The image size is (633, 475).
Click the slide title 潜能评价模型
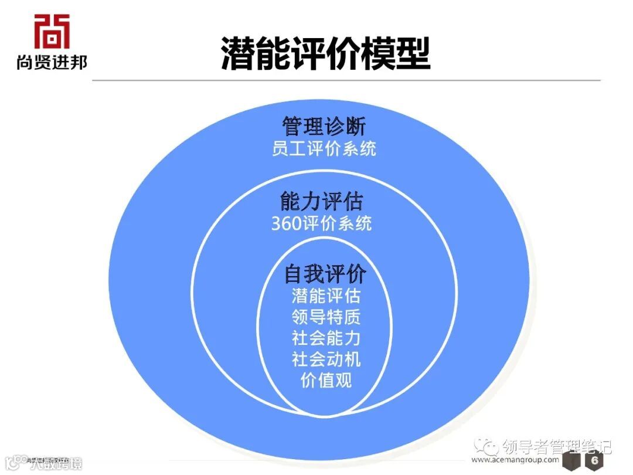tap(325, 54)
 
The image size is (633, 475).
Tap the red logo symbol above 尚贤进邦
tap(52, 31)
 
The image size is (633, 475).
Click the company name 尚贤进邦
tap(52, 61)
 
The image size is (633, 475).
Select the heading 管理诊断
tap(324, 126)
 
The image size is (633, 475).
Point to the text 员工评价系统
tap(324, 148)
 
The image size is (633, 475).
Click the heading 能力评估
tap(321, 201)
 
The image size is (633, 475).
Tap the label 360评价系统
tap(321, 223)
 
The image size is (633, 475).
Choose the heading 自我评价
tap(325, 273)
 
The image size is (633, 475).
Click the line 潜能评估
tap(326, 295)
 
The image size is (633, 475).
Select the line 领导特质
tap(326, 317)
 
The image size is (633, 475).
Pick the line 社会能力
tap(326, 338)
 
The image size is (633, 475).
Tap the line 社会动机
tap(326, 359)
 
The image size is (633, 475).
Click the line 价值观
tap(326, 380)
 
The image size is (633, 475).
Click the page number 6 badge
tap(594, 461)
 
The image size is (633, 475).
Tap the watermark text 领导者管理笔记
tap(557, 447)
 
